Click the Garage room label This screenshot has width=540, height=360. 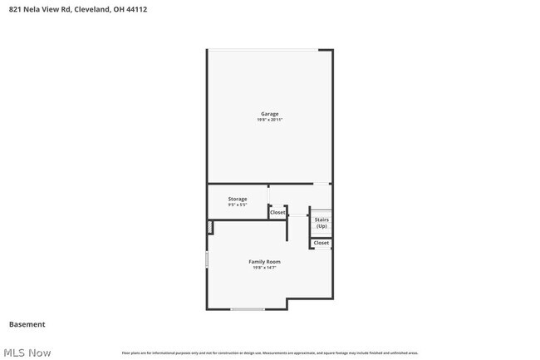tap(269, 114)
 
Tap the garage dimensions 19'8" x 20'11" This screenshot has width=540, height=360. tap(269, 121)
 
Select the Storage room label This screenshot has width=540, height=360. tap(238, 199)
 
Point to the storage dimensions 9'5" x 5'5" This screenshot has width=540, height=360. tap(238, 205)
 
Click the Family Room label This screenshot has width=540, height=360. tap(264, 262)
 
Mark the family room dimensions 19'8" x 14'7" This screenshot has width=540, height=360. tap(264, 268)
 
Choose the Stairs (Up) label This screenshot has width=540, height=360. tap(321, 224)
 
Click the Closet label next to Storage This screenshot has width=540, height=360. tap(277, 213)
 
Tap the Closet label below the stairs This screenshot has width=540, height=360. tap(321, 243)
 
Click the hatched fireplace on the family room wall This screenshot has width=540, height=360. tap(210, 227)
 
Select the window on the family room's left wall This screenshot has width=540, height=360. tap(207, 259)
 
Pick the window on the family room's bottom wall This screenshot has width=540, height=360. tap(248, 309)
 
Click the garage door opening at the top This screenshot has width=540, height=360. tap(263, 50)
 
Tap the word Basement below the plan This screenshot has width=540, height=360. tap(27, 324)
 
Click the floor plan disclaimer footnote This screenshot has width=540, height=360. tap(270, 353)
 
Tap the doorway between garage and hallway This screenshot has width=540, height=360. tap(321, 184)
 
